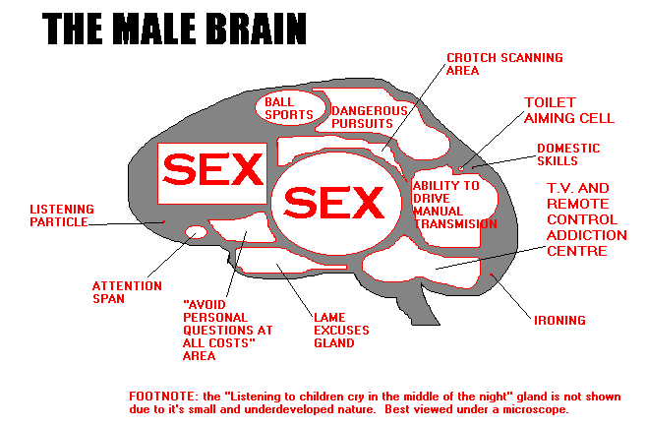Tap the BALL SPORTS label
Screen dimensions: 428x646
point(288,108)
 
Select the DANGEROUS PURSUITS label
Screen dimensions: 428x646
point(369,118)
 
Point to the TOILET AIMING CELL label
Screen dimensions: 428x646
point(563,110)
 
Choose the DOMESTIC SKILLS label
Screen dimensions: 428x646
point(567,154)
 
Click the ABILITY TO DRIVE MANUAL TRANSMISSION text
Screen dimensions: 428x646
point(453,204)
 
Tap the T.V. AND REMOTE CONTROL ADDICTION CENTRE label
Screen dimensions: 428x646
point(587,219)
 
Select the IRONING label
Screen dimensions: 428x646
point(559,320)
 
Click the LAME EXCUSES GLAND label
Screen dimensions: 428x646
point(333,331)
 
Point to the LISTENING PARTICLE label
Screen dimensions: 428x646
point(62,214)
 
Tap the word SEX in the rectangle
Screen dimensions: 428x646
point(212,170)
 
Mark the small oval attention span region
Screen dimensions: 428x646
point(196,232)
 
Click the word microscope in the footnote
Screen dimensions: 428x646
point(535,409)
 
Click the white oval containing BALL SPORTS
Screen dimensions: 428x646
point(290,108)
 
